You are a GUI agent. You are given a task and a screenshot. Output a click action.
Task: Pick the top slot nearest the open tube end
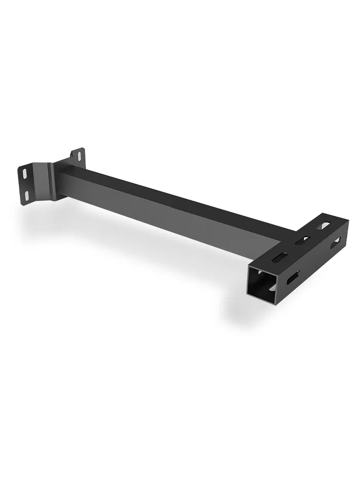coord(281,256)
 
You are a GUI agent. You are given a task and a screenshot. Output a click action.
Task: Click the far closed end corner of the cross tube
coord(348,222)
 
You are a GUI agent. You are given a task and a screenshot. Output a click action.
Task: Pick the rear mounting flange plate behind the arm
coord(77,157)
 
